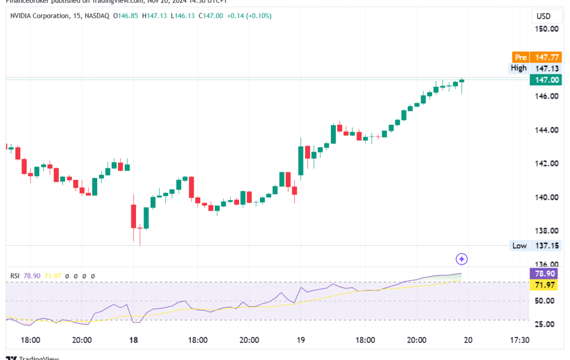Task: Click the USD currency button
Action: pos(544,16)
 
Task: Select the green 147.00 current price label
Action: pos(545,80)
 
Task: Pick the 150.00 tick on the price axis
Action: pos(547,29)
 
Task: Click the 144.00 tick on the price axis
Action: pos(547,130)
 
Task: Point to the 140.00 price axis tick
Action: pos(547,197)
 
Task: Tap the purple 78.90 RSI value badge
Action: pos(545,274)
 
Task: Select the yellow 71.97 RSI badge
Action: pos(545,285)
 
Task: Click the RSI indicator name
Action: pos(15,276)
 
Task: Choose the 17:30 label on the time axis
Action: pos(519,340)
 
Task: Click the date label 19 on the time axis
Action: pos(300,340)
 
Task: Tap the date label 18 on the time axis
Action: pos(133,340)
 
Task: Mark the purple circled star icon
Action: pos(462,259)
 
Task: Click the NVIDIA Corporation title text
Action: pos(40,16)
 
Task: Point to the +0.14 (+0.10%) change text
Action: pos(249,16)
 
